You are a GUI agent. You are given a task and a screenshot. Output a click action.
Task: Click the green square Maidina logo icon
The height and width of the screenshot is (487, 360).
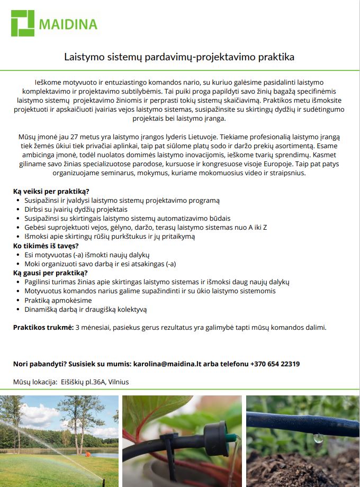[23, 23]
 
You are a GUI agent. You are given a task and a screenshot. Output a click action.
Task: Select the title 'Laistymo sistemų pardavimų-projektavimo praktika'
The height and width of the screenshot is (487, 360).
[179, 56]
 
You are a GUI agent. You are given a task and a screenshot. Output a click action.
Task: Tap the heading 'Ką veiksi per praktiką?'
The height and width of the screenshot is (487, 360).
[51, 191]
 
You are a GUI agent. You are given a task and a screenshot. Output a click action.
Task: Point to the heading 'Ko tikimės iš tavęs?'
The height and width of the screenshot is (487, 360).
[46, 246]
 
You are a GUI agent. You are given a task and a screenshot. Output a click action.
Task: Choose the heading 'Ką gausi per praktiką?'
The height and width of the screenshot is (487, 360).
[50, 273]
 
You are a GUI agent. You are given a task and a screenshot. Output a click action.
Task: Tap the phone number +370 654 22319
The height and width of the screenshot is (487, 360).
[275, 364]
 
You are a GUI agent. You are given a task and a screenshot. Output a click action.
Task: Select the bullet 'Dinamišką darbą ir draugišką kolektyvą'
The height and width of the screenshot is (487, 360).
[85, 309]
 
